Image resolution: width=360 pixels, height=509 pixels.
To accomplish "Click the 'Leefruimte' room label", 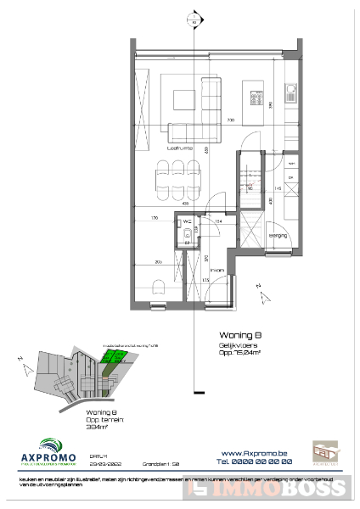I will coord(179,148).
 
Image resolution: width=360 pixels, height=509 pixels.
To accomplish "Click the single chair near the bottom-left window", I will coord(158,287).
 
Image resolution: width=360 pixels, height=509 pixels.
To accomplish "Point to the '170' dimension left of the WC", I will coord(153,218).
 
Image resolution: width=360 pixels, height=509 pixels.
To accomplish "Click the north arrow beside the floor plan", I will coord(263,294).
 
